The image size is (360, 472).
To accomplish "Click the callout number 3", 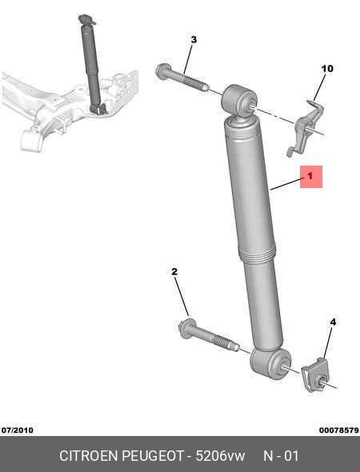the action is click(194, 40).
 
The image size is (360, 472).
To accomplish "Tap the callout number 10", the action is click(327, 69).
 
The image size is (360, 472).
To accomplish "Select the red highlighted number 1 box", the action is click(311, 177).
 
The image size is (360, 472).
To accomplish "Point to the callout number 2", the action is click(174, 272).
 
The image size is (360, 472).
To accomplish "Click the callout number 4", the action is click(333, 322).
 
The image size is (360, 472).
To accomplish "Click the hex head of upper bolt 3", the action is click(163, 72).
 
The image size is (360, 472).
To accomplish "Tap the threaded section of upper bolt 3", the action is click(195, 82).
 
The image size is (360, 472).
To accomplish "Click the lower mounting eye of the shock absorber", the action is click(270, 364).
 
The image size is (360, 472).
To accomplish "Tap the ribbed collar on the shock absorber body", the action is click(257, 254).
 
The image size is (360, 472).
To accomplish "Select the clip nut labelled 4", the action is click(314, 375).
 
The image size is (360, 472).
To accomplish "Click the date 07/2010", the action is click(18, 430).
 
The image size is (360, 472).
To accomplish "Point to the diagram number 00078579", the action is click(339, 430).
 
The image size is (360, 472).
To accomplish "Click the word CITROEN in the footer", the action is click(89, 456).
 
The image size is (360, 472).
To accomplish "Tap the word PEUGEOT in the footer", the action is click(153, 456).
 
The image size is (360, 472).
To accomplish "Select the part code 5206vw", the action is click(220, 456).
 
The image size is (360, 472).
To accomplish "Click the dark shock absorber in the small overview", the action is click(93, 65).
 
